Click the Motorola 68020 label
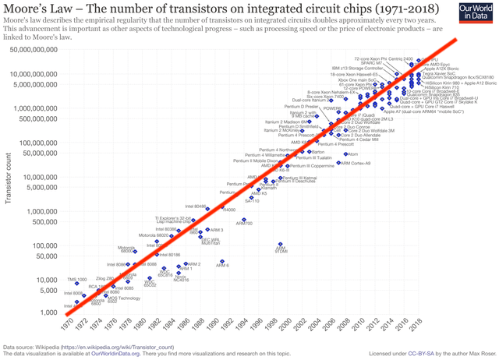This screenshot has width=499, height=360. [x=153, y=235]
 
